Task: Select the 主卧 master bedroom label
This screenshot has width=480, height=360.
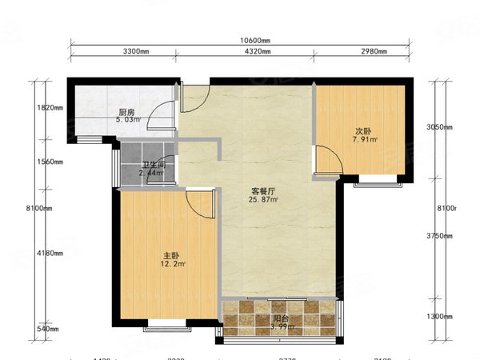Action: coord(169,256)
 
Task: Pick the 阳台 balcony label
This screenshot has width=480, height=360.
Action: coord(281,318)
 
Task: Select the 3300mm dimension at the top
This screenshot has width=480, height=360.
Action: coord(136,51)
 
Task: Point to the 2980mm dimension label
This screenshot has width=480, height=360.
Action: coord(372,51)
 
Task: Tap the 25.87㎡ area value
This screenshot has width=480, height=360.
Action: coord(264,200)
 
